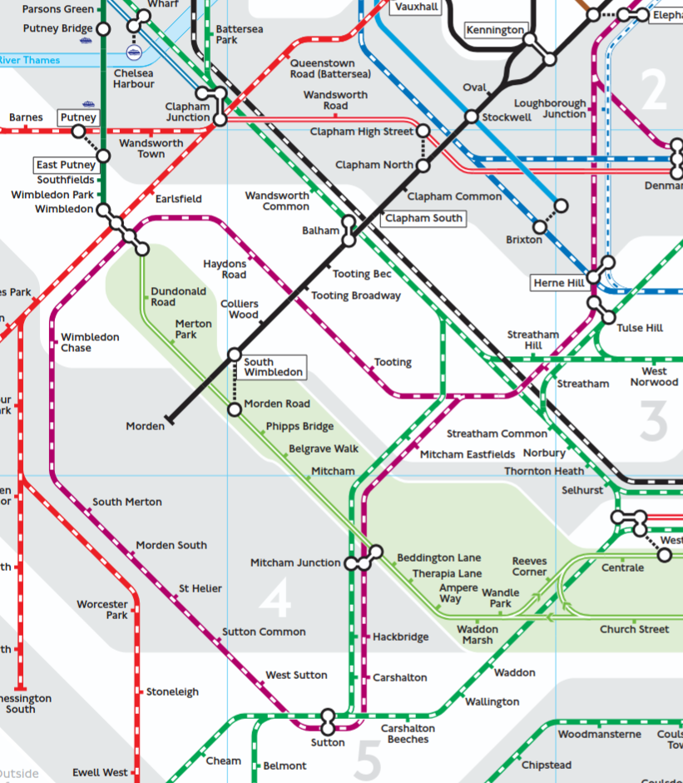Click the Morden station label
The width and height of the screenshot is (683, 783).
[145, 426]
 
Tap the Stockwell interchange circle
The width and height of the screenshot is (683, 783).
[471, 117]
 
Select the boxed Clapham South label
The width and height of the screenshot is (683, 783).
[423, 218]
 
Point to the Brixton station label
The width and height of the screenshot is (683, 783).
[523, 240]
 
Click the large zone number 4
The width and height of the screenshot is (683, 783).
[275, 598]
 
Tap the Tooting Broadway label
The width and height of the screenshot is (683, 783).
[355, 295]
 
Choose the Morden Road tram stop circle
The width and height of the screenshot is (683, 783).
[235, 409]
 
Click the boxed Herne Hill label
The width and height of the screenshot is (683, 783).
[559, 284]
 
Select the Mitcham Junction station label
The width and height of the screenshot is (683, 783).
[295, 563]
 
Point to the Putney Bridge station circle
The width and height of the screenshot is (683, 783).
[103, 29]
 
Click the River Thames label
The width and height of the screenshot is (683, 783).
[30, 60]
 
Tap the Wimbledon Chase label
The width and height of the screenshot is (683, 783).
[90, 343]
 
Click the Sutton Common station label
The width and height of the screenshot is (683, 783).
[264, 632]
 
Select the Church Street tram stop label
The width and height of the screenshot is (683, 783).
[634, 629]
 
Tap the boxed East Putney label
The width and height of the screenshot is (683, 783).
[66, 165]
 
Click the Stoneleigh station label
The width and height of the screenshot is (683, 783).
[174, 691]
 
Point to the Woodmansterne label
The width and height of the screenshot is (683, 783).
[599, 735]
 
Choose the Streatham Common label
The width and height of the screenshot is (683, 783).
[497, 434]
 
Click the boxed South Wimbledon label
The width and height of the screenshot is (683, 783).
[273, 367]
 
